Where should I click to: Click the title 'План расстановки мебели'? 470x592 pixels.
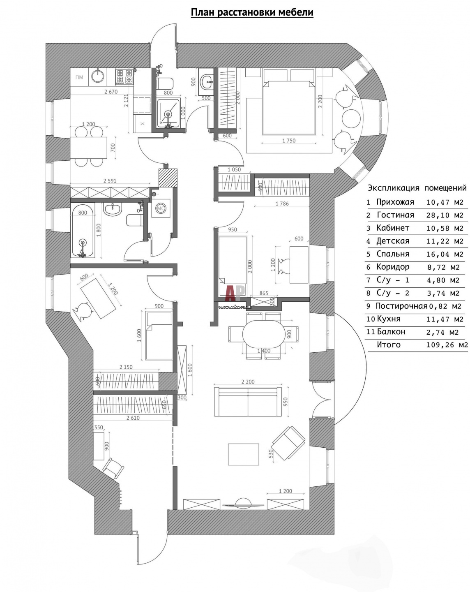point(252,13)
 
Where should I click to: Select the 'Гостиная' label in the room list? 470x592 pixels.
point(395,215)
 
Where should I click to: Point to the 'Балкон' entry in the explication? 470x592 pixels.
point(391,332)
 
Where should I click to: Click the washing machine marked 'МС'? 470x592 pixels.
point(161,208)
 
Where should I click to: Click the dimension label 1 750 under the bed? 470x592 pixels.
point(289,141)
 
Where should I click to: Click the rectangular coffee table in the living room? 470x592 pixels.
point(243,454)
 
